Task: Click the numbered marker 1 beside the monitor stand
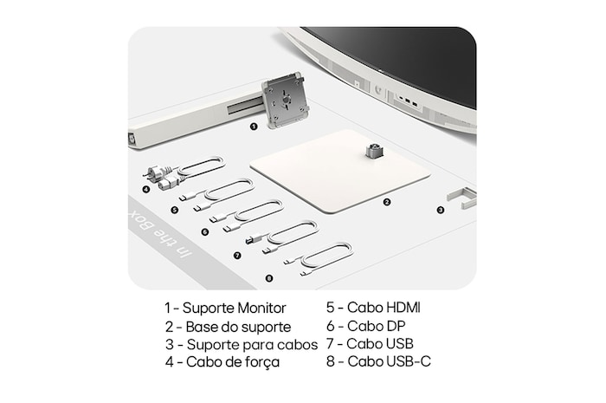tap(254, 127)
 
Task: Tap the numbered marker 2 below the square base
tap(386, 202)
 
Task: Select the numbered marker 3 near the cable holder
tap(440, 210)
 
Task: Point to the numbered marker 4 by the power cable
tap(145, 190)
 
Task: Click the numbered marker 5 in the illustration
tap(175, 210)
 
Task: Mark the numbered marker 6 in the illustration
tap(205, 232)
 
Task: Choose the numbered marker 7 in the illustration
tap(237, 256)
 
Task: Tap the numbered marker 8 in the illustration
tap(269, 278)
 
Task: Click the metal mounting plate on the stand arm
tap(285, 100)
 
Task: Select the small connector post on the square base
tap(374, 151)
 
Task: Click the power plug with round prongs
tap(157, 172)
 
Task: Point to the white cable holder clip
tap(462, 198)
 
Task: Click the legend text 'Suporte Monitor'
tap(235, 309)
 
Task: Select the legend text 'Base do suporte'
tap(238, 327)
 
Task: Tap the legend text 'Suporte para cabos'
tap(252, 344)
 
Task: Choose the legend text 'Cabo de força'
tap(233, 362)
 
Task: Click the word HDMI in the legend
tap(403, 308)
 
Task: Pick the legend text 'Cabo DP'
tap(376, 326)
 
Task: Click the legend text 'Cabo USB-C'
tap(389, 361)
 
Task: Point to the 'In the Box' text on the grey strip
tap(159, 235)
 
